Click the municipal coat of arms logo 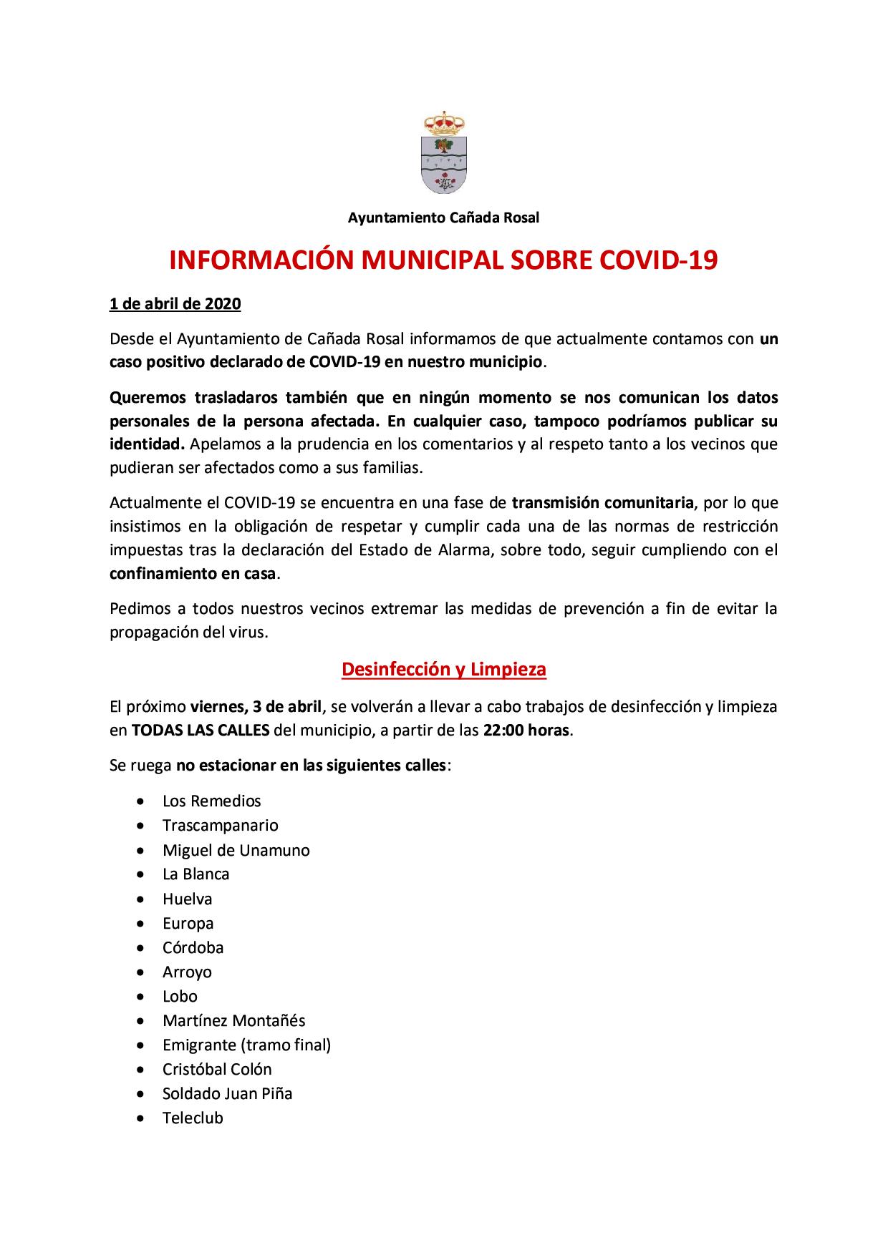[x=443, y=153]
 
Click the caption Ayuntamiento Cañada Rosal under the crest [x=443, y=218]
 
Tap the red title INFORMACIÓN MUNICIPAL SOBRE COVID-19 [x=443, y=261]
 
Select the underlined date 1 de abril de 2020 [x=175, y=304]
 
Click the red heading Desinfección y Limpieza [x=443, y=670]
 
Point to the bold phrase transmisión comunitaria [x=603, y=503]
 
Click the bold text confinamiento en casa [x=193, y=574]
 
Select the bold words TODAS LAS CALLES [x=201, y=731]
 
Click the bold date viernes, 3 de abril [x=256, y=707]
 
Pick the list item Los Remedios [x=211, y=801]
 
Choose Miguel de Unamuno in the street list [x=236, y=850]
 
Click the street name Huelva [x=187, y=899]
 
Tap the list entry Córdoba [x=193, y=947]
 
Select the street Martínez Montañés [x=233, y=1020]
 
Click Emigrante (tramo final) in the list [x=246, y=1045]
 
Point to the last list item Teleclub [x=193, y=1118]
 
